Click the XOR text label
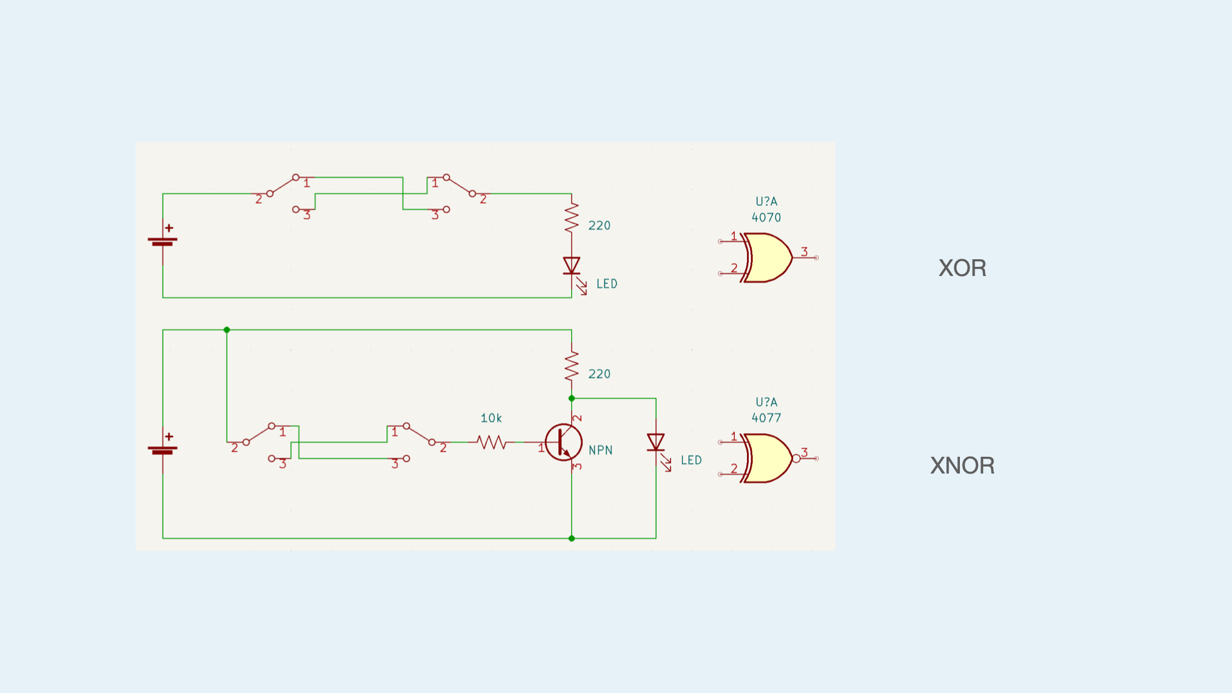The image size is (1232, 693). [x=962, y=268]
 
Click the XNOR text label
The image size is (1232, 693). [x=962, y=465]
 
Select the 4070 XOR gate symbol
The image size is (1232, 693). [x=767, y=257]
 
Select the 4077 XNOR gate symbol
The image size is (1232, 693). [x=767, y=458]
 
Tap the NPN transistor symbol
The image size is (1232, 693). [x=563, y=442]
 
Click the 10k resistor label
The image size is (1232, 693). [x=491, y=418]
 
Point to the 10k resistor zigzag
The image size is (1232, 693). [x=492, y=442]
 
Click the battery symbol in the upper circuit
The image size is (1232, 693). [x=163, y=240]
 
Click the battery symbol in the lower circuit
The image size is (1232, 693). [x=163, y=449]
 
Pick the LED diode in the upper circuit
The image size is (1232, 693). [x=572, y=266]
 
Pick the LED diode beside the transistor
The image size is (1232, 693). [x=656, y=442]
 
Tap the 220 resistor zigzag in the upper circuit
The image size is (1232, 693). [x=572, y=218]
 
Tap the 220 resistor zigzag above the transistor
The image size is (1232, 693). [x=572, y=366]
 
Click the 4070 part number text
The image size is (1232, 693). [x=766, y=218]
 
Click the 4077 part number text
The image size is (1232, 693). [x=766, y=418]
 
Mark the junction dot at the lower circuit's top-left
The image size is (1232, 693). [x=227, y=330]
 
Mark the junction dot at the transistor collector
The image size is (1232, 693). [x=572, y=398]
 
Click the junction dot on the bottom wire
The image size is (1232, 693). [x=572, y=538]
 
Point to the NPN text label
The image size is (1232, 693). [x=601, y=450]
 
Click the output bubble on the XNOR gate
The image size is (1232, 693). [x=796, y=458]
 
